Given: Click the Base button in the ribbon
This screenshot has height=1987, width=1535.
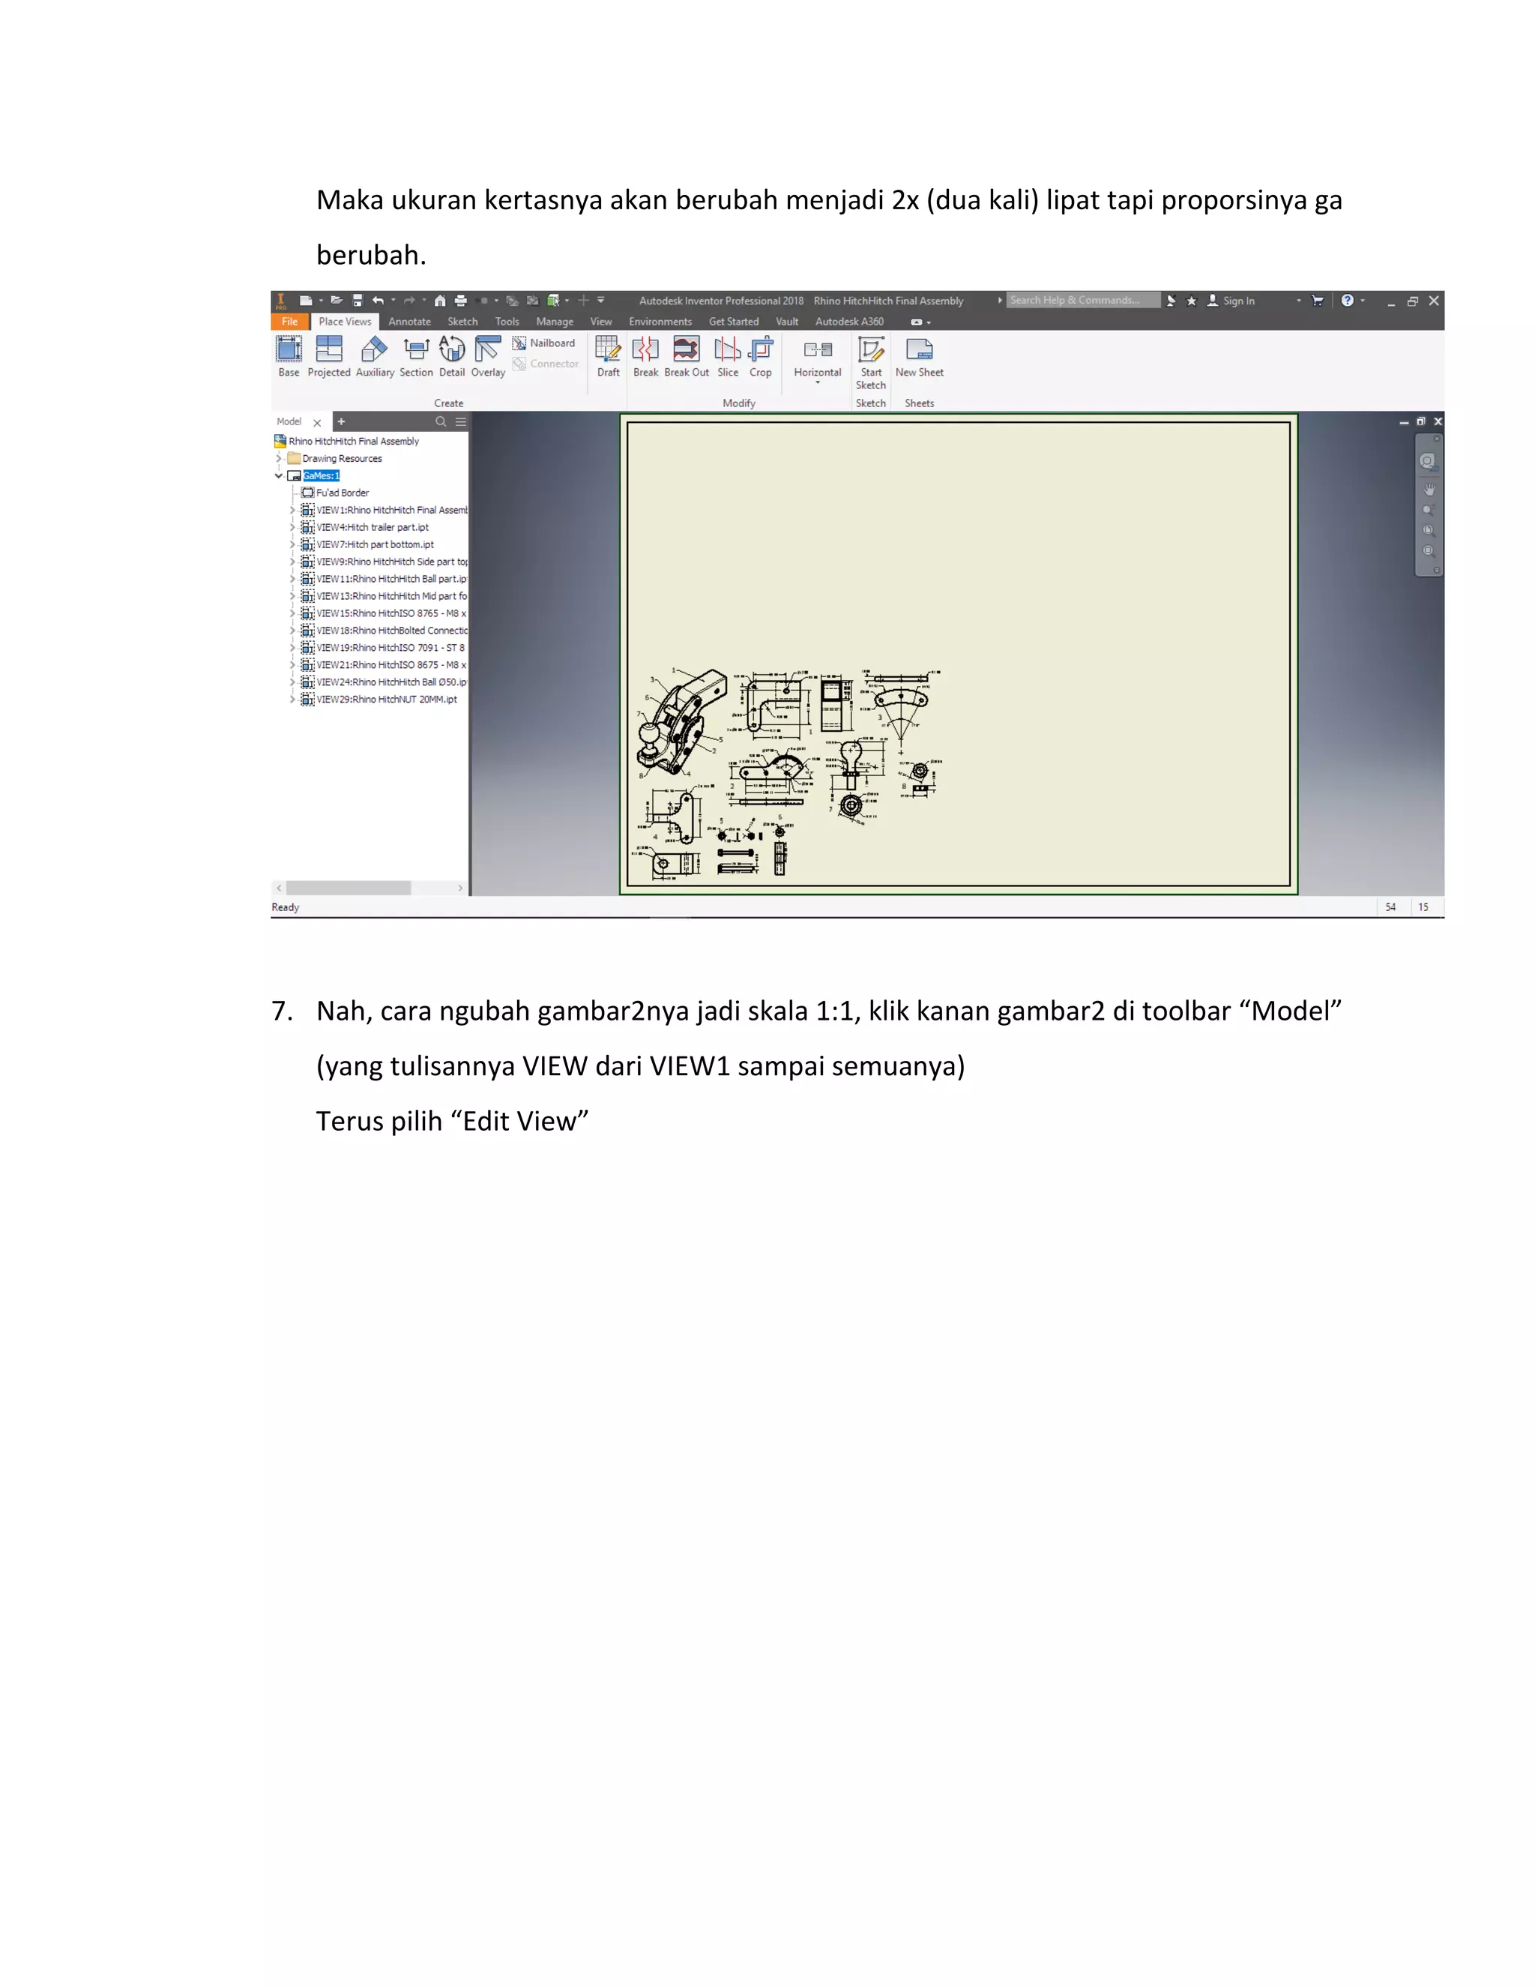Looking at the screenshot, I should (x=289, y=355).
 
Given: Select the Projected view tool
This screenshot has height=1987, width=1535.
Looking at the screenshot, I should (x=328, y=355).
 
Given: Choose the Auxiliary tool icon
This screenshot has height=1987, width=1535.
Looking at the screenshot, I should (x=375, y=355).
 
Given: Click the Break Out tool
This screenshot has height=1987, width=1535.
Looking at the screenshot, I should (x=687, y=355).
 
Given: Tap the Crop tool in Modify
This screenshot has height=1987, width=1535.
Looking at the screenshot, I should (x=760, y=355).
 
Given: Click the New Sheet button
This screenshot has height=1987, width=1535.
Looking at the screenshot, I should (x=920, y=355).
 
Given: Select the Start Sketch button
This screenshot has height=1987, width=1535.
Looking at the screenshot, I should (x=870, y=361).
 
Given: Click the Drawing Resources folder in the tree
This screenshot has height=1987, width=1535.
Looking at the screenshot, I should (x=341, y=459).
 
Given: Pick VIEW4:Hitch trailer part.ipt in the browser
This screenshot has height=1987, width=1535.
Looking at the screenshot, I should (x=372, y=528).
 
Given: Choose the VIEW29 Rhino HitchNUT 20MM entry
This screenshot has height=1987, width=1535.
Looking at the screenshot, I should (x=387, y=700).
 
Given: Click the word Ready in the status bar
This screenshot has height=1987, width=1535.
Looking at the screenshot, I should (x=286, y=907).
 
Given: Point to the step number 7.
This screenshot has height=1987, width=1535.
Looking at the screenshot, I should (x=282, y=1011).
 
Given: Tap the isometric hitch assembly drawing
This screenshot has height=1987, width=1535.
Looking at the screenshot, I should (x=681, y=724).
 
